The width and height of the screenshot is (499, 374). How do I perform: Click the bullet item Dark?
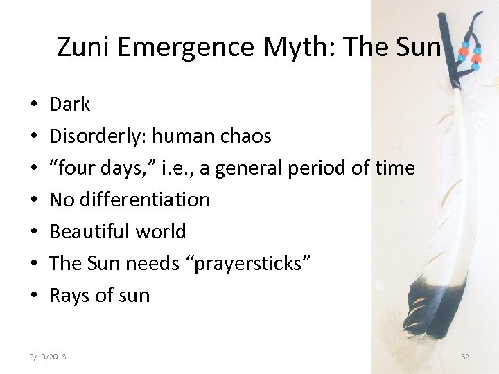pos(70,105)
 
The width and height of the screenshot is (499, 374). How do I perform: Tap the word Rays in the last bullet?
pos(69,296)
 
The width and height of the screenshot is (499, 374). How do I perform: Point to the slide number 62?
pos(464,356)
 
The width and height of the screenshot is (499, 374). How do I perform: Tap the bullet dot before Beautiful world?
pos(34,232)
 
